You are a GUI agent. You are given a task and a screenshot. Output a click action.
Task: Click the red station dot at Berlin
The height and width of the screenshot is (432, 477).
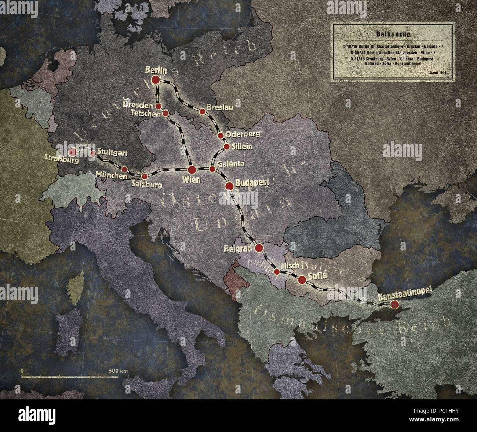tap(155, 80)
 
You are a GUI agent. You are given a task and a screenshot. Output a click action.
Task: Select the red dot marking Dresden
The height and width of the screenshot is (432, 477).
tap(159, 106)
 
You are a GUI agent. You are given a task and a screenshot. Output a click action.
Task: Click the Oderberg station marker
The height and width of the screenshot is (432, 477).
tap(221, 136)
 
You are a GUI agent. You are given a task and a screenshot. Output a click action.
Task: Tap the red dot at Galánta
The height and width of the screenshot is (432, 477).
tap(212, 169)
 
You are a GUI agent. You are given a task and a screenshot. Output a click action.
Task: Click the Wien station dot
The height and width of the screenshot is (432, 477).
tap(192, 170)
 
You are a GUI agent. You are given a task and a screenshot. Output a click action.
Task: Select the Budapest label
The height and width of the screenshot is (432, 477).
tap(252, 182)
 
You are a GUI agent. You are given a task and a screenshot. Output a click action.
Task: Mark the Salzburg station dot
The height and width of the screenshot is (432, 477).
tap(145, 176)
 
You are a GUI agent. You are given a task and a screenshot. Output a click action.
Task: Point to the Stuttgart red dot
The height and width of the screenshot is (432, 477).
tap(93, 154)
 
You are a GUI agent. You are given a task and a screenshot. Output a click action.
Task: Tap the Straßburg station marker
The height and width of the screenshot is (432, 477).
tap(73, 152)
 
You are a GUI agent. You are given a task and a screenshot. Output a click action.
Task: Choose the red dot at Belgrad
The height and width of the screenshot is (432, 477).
tap(259, 248)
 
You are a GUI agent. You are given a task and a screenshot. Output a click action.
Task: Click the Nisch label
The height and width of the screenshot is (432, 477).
tap(290, 266)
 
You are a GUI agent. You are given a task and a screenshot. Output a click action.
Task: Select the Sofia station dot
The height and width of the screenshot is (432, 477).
tap(302, 279)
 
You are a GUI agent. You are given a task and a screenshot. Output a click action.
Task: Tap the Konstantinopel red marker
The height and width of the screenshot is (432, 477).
tap(394, 304)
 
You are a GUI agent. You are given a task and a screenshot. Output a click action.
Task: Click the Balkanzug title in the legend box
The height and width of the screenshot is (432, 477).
tap(393, 34)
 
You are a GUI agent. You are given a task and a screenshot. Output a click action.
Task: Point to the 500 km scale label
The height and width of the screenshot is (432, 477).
tap(118, 371)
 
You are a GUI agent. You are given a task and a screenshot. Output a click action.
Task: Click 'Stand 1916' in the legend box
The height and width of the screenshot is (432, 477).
tap(437, 73)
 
